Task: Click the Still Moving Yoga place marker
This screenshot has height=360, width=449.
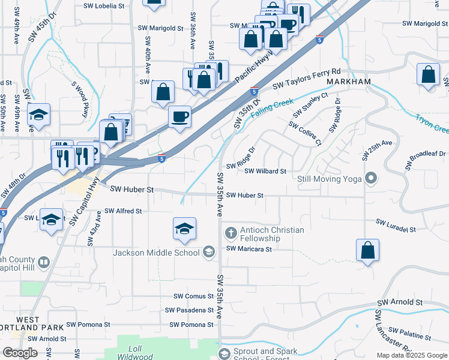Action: click(371, 178)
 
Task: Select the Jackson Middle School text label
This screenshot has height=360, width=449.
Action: click(156, 253)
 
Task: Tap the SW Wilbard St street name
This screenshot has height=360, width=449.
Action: click(265, 171)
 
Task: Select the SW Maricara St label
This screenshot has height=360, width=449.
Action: click(249, 248)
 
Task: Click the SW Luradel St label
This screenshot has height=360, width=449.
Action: click(396, 226)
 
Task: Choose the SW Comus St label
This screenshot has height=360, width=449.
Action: click(194, 296)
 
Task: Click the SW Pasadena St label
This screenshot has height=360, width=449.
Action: click(190, 310)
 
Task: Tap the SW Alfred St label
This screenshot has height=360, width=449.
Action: click(123, 211)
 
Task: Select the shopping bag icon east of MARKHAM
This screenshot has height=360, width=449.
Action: click(428, 76)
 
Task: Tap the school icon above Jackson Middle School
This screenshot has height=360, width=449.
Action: click(184, 229)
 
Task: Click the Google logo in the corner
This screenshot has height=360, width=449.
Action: click(20, 353)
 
